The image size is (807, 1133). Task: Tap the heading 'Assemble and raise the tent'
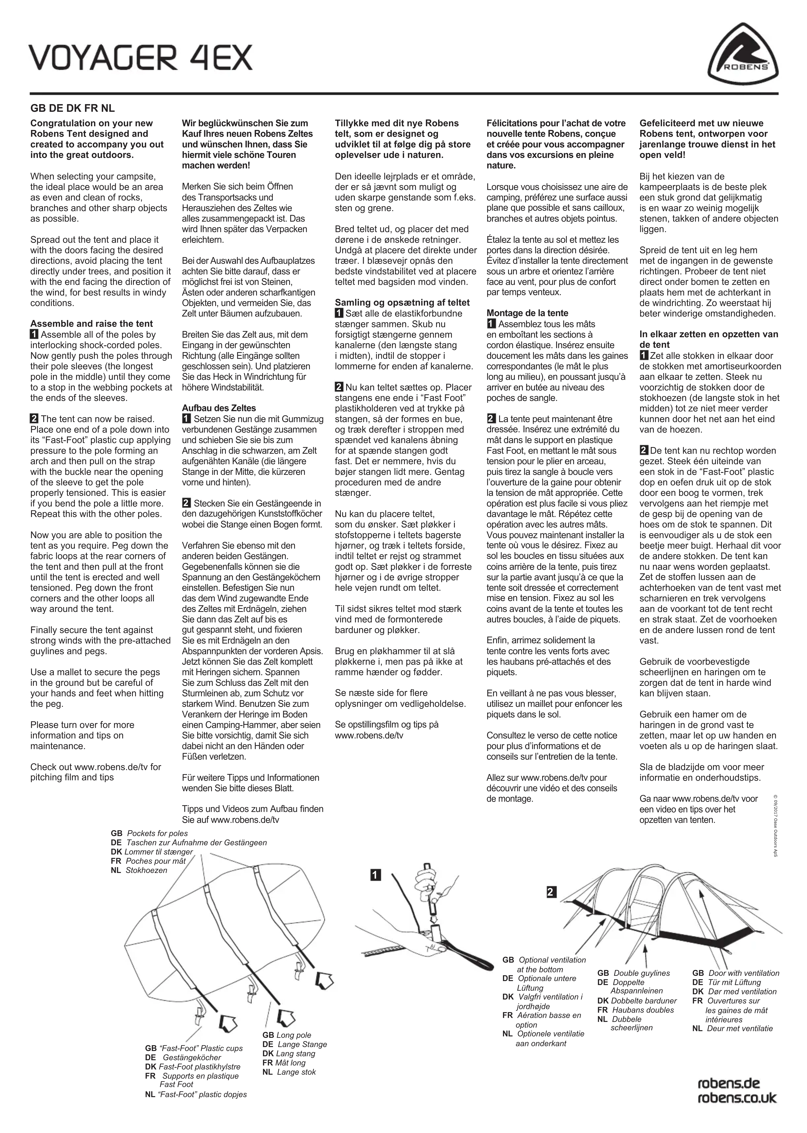coord(91,323)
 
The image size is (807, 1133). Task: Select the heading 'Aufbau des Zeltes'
coord(219,408)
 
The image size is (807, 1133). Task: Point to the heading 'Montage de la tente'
coord(527,313)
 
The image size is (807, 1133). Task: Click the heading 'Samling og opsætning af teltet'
coord(402,303)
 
